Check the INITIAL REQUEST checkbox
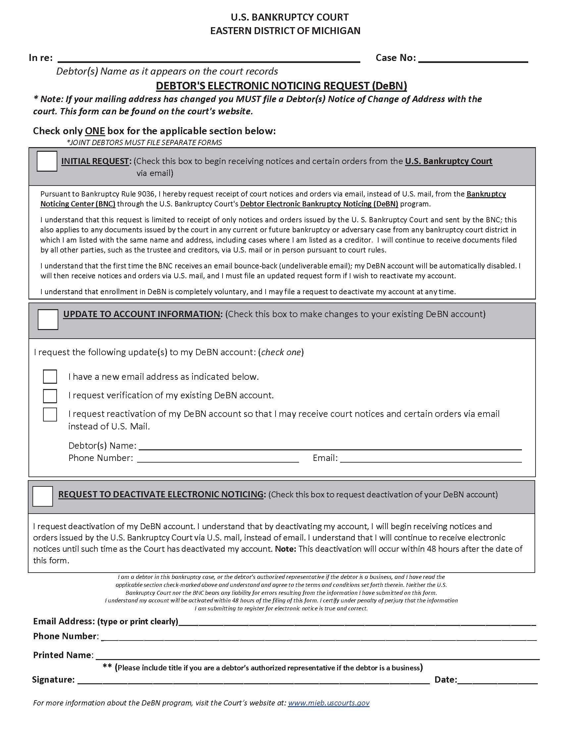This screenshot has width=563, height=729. [x=47, y=161]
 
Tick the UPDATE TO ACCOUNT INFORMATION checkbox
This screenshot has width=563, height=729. [x=48, y=319]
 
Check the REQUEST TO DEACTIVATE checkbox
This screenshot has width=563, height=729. [x=43, y=496]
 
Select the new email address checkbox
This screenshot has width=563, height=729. [x=50, y=376]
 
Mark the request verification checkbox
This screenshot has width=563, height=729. [x=50, y=396]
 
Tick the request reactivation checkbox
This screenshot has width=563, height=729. [x=50, y=415]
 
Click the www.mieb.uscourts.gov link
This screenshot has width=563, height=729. [x=329, y=702]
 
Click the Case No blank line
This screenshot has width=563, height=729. [x=473, y=59]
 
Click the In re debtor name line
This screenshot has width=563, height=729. [x=209, y=59]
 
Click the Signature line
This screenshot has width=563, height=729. [x=253, y=680]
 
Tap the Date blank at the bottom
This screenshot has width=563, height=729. [x=497, y=680]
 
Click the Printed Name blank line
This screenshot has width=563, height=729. [x=317, y=655]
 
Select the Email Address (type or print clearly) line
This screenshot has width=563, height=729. [x=357, y=622]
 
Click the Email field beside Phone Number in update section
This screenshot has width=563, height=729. [x=431, y=458]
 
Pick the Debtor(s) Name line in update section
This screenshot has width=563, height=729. [x=330, y=446]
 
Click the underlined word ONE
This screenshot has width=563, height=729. [x=95, y=131]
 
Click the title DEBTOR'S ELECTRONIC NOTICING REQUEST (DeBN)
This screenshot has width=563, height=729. [x=281, y=86]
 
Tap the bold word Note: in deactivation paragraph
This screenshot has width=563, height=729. [x=285, y=549]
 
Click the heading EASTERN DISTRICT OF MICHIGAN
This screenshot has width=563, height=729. [x=285, y=31]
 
